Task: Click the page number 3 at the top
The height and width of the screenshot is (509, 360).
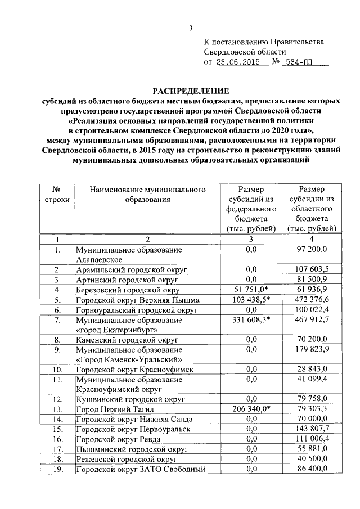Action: pos(190,29)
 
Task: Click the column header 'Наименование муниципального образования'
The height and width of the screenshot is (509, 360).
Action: pos(148,195)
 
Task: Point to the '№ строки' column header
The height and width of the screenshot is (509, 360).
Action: pos(56,195)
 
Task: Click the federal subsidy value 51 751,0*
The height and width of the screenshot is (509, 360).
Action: pos(251,290)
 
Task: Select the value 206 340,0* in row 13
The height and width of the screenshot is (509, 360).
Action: pos(251,409)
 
